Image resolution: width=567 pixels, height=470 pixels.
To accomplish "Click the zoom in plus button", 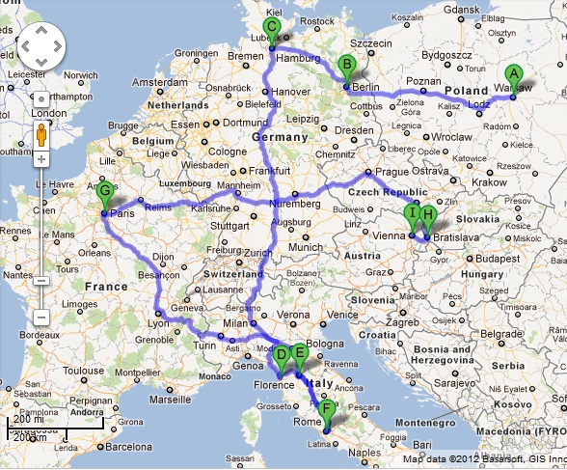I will (41, 158).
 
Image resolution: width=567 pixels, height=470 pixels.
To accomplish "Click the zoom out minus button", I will (41, 318).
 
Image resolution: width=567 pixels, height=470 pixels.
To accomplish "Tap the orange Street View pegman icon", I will (41, 132).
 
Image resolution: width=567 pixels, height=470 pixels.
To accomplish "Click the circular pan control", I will (40, 44).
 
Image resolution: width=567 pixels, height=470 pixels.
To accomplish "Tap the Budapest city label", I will (495, 259).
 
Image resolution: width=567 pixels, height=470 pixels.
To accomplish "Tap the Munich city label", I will (307, 247).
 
